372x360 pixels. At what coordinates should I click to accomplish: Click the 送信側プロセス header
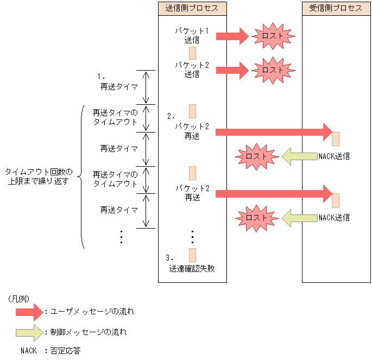[192, 8]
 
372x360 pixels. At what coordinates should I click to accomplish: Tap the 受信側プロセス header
[336, 8]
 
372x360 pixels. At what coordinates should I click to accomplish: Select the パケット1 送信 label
[192, 35]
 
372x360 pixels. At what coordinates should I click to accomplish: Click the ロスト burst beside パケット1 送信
[272, 36]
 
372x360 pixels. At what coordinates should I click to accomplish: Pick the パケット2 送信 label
[192, 70]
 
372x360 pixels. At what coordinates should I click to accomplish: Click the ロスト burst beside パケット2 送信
[272, 70]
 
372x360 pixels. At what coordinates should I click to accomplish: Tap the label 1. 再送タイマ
[116, 82]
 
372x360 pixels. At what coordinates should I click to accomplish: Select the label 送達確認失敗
[192, 268]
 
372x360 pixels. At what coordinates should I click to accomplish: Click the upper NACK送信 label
[334, 156]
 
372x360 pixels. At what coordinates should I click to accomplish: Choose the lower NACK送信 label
[334, 217]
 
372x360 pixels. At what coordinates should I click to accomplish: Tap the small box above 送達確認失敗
[192, 255]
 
